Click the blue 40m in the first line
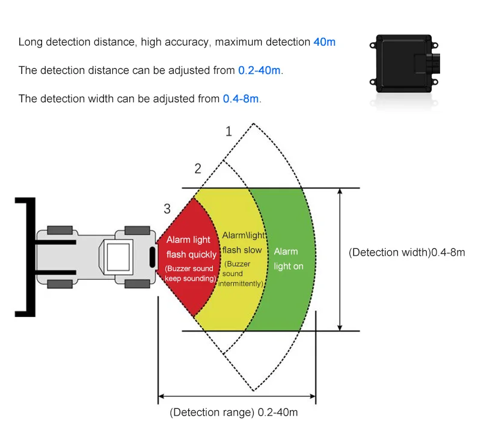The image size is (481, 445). (324, 42)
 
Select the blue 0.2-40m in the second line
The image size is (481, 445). (259, 70)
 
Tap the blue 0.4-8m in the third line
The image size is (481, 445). (241, 99)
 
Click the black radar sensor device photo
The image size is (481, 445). (405, 64)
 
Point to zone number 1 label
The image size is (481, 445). (228, 131)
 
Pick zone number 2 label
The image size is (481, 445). (198, 168)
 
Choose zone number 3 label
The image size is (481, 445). (167, 209)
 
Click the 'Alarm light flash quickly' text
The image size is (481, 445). (191, 247)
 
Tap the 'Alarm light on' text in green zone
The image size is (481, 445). (289, 259)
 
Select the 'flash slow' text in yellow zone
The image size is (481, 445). (242, 250)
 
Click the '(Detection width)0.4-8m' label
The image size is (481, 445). (407, 253)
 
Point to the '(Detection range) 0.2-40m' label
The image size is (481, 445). (234, 412)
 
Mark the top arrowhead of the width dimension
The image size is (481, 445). (340, 191)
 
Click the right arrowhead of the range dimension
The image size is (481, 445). (313, 396)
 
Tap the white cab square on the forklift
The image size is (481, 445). (118, 257)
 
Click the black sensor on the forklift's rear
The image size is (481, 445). (153, 257)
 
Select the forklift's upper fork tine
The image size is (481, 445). (56, 242)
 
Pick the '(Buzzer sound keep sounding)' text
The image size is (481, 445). (191, 273)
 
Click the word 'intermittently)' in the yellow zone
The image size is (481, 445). (241, 284)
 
